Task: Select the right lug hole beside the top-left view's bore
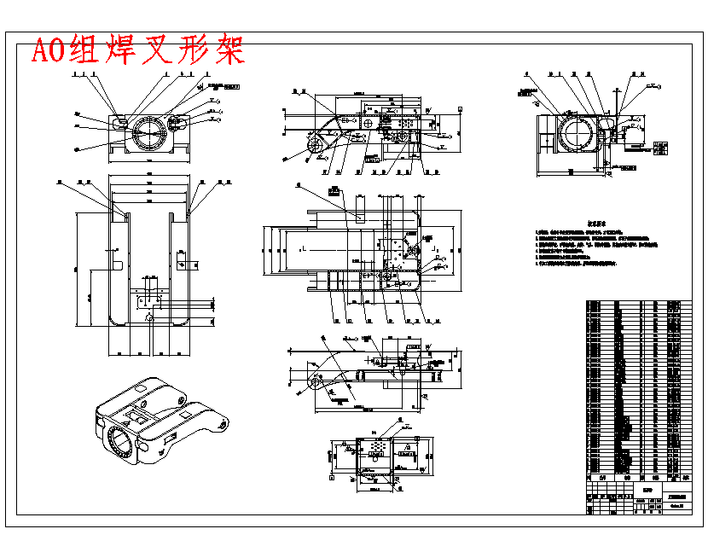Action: [x=179, y=124]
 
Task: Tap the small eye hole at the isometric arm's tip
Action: [x=224, y=421]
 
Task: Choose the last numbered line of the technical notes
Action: [x=589, y=264]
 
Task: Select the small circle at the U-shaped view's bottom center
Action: [x=149, y=318]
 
